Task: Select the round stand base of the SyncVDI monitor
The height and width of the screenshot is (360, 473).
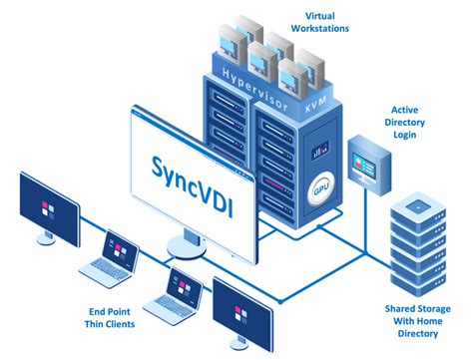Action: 194,248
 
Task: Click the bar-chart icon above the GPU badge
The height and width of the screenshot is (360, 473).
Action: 319,152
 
